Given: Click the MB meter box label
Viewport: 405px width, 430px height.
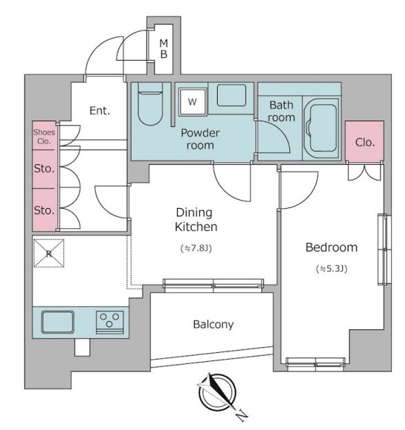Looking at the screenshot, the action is [164, 49].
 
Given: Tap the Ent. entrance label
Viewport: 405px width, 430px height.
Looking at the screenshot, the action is [100, 110].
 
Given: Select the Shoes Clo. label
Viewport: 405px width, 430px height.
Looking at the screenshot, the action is [44, 136].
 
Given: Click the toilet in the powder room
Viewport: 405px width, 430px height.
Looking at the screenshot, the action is [150, 104].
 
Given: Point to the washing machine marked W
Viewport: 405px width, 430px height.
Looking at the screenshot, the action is [192, 102].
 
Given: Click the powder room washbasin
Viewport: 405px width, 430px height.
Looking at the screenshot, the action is [231, 95].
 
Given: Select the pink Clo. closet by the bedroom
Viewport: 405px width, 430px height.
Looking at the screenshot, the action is [364, 141].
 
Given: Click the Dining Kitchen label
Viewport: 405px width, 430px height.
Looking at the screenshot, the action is [196, 220].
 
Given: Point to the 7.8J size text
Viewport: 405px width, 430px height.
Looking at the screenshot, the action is [196, 249].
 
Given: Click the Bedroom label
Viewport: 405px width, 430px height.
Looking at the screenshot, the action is [331, 247].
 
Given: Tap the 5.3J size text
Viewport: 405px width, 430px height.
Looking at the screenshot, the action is [332, 269].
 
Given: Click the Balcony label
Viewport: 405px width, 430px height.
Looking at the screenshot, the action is [214, 325].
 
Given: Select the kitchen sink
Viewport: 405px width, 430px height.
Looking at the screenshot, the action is [58, 322].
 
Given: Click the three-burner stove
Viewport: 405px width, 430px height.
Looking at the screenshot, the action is [110, 322].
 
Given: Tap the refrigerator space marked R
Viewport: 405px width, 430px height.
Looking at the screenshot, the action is [49, 253].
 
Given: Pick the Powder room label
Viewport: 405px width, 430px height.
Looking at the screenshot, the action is [200, 139].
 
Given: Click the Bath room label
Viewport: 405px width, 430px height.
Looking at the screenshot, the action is [282, 111].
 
